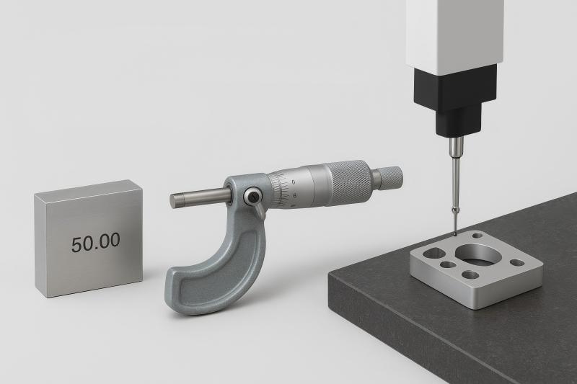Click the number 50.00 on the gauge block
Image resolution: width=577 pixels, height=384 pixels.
[x=95, y=242]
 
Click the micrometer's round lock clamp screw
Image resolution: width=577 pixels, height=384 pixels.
[x=252, y=196]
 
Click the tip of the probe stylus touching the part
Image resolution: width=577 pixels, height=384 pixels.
[x=455, y=233]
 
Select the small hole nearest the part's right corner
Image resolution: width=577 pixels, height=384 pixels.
[x=517, y=263]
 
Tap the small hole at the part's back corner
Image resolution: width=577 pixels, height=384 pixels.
[x=477, y=236]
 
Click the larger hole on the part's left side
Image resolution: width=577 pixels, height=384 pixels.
[x=435, y=253]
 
